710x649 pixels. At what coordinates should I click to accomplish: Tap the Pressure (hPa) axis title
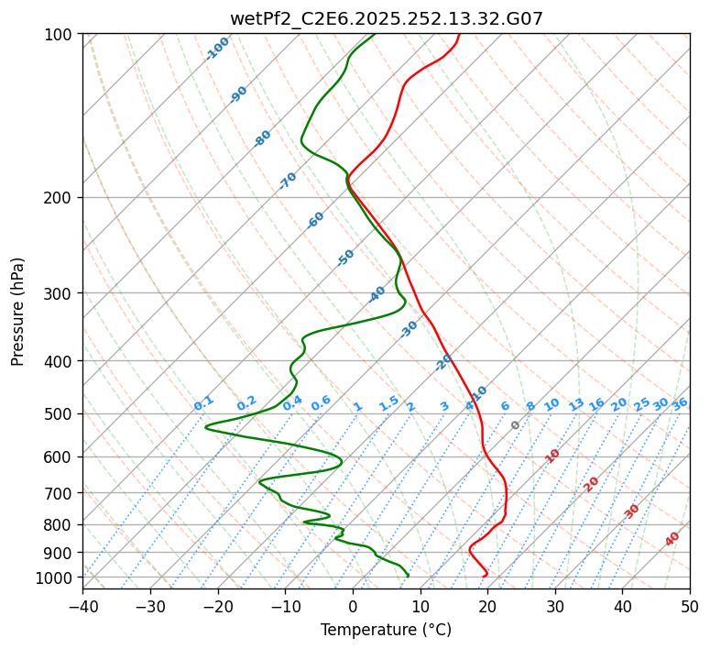coord(17,311)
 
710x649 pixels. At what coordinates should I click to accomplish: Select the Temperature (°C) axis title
coord(386,630)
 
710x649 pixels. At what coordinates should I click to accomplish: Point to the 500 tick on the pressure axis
coord(60,413)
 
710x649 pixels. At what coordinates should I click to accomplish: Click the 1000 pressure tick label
coord(56,577)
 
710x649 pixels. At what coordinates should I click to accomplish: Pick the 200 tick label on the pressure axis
coord(60,197)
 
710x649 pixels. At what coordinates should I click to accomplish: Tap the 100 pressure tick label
coord(60,34)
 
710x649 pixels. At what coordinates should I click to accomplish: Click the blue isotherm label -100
coord(217,49)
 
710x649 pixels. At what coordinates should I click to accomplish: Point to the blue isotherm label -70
coord(288,181)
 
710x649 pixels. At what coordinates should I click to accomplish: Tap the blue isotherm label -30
coord(409,329)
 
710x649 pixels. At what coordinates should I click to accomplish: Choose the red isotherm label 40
coord(672,539)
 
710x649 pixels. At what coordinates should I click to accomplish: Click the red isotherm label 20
coord(592,483)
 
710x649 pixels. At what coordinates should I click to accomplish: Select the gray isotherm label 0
coord(516,425)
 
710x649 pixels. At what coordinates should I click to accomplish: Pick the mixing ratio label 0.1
coord(203,403)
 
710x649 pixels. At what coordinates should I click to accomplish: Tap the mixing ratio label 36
coord(680,403)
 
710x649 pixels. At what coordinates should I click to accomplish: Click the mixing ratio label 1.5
coord(388,403)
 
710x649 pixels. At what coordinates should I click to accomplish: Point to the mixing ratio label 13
coord(576,404)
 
